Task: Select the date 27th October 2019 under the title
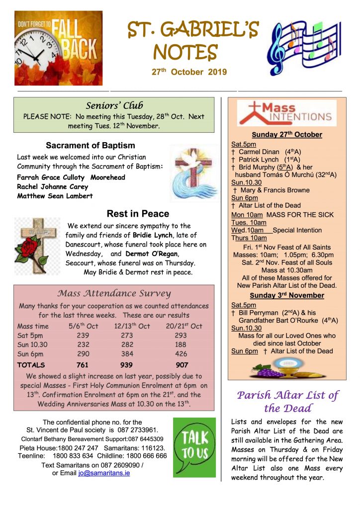(189, 72)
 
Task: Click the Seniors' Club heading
(114, 105)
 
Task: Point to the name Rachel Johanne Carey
(52, 186)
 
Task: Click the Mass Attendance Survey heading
(114, 293)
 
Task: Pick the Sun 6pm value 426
(181, 354)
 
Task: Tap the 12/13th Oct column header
(132, 326)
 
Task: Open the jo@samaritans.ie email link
(104, 473)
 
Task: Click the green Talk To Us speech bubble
(194, 445)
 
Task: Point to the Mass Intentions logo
(286, 113)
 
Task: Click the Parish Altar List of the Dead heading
(287, 402)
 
